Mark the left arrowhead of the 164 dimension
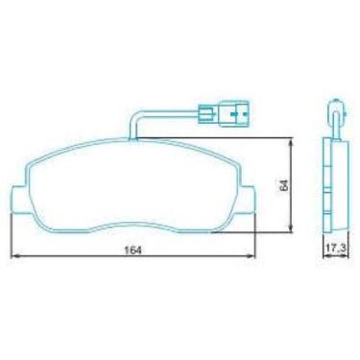[x=13, y=257]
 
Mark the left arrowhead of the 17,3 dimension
[x=322, y=257]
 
